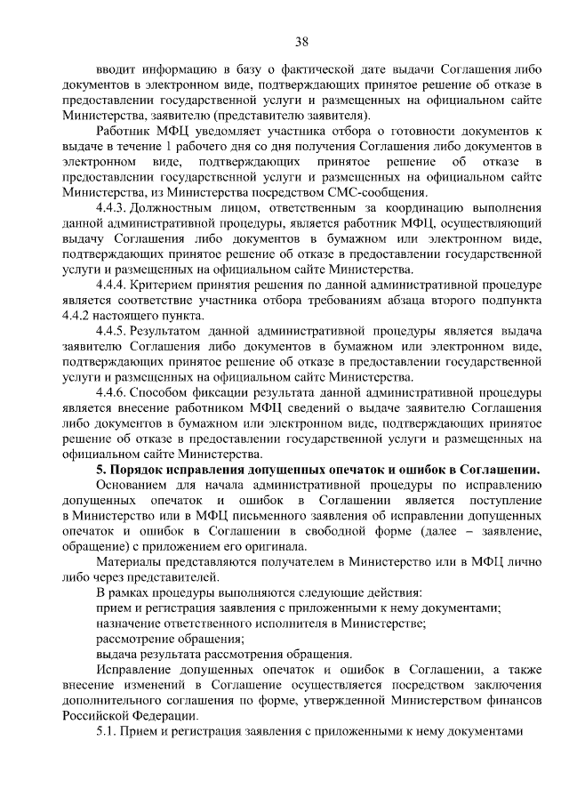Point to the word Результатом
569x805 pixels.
[170, 332]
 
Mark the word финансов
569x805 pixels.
[515, 700]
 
